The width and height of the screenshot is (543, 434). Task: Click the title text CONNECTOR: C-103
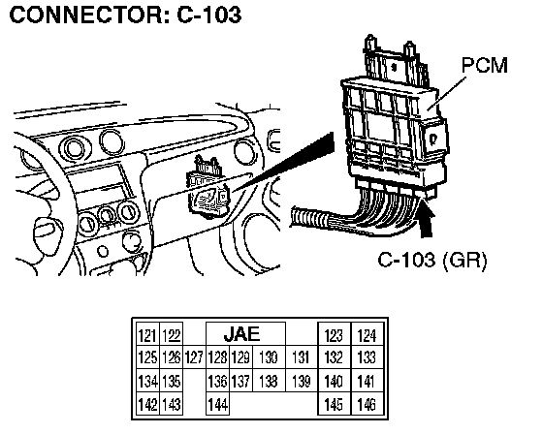point(125,15)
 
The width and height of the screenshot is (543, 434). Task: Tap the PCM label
point(485,65)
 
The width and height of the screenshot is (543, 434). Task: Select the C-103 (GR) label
point(432,260)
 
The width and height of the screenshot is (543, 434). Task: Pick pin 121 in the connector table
point(147,334)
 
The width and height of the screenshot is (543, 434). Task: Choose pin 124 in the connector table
point(367,334)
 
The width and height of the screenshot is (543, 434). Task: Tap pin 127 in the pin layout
point(194,357)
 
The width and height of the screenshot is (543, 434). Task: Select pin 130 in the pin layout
point(270,357)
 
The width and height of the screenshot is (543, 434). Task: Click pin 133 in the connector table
point(367,357)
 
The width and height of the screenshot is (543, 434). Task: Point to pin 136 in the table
point(217,381)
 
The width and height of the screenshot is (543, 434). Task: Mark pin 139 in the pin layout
point(302,381)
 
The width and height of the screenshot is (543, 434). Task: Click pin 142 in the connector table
point(147,404)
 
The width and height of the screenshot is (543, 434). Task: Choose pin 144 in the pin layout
point(217,404)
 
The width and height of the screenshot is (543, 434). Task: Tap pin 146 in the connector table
point(367,404)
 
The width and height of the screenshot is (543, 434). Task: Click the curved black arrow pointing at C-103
point(427,221)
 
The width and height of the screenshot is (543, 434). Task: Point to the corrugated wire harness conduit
point(308,218)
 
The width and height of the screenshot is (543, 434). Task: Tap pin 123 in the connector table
point(335,334)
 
